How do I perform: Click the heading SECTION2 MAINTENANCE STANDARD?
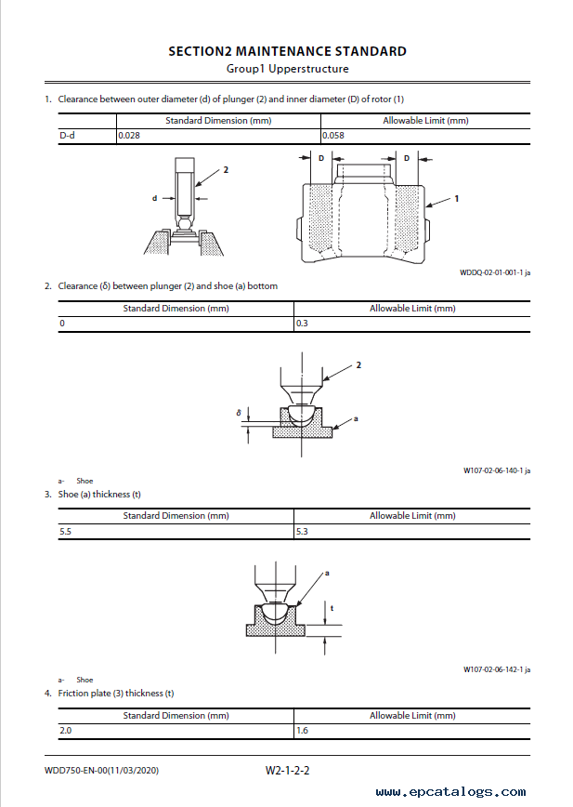[287, 51]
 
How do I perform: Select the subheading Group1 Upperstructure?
[287, 69]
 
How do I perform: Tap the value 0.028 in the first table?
[130, 136]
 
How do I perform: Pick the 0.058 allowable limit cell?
[334, 136]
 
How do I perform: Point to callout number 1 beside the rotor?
[457, 198]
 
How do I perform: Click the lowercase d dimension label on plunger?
[155, 198]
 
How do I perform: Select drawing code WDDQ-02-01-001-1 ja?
[495, 272]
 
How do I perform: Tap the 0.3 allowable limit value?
[302, 324]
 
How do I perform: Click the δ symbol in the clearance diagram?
[239, 412]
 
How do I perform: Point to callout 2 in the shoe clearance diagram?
[358, 366]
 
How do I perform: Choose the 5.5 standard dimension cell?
[65, 531]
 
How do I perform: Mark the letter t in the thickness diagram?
[332, 608]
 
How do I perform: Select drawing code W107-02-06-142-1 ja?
[497, 669]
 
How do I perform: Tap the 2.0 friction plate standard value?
[65, 731]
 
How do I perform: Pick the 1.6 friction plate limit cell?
[302, 731]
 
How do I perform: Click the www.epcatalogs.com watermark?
[450, 792]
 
